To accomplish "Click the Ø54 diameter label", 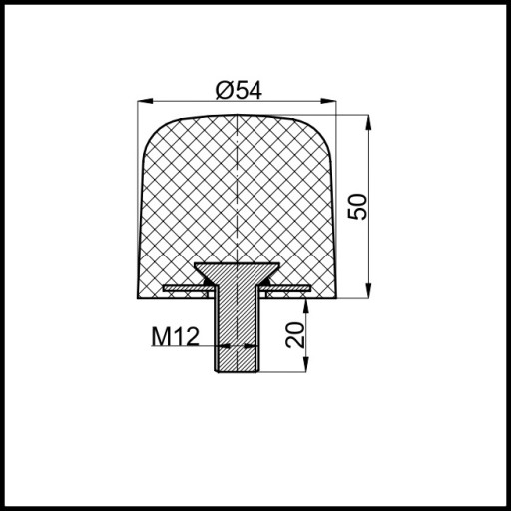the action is tap(239, 90).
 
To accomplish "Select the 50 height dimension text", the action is tap(358, 207).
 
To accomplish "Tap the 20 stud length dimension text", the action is tap(295, 335).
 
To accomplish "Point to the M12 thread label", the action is tap(175, 336).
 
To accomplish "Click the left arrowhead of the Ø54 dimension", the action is tap(145, 101).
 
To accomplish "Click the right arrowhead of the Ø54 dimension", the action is tap(328, 101).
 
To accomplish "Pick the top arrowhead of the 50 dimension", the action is tap(368, 122).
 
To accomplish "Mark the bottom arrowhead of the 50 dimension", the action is tap(368, 290).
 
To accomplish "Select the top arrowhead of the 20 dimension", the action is tap(306, 306).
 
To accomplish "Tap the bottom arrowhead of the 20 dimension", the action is tap(306, 364).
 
